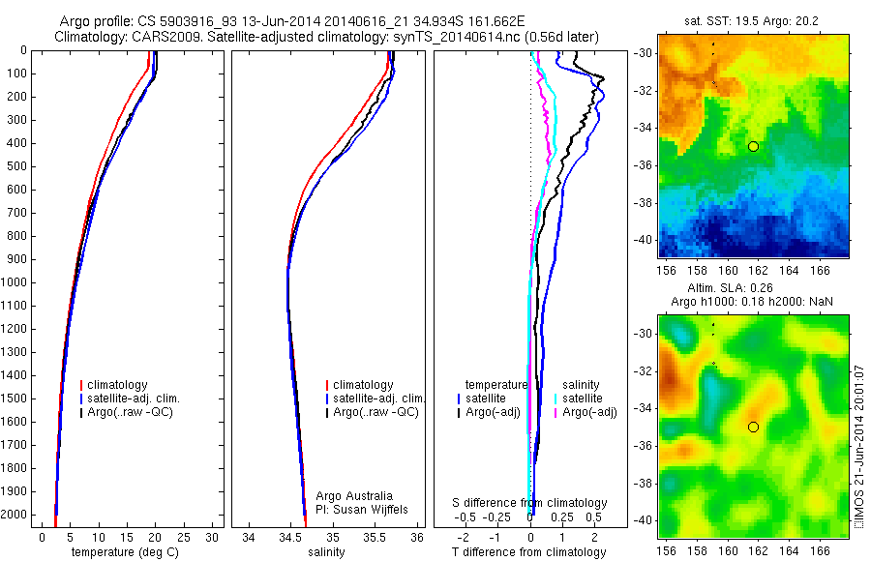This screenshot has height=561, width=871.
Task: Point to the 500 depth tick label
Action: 18,166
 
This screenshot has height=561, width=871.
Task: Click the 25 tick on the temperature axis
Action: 184,537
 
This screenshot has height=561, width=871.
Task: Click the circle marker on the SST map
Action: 753,146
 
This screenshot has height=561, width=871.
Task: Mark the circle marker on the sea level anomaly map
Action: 753,427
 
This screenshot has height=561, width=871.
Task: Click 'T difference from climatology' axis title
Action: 529,552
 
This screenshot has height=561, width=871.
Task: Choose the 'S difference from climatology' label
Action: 530,503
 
